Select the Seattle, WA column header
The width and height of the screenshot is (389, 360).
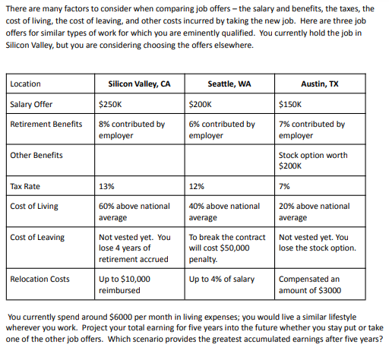[229, 84]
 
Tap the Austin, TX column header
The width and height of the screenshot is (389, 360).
[320, 84]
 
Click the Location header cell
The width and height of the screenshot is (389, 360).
[26, 84]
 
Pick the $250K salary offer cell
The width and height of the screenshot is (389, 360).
[111, 104]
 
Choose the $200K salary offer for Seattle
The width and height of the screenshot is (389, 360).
[201, 104]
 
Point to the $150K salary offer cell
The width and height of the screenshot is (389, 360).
[290, 104]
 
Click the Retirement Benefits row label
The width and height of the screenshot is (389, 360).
[46, 124]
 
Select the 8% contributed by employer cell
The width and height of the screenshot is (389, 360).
[131, 129]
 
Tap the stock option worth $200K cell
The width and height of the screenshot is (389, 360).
[313, 159]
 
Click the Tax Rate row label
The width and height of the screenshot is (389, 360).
[25, 186]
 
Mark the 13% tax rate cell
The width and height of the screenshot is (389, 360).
[107, 186]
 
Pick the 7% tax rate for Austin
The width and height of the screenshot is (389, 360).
[286, 186]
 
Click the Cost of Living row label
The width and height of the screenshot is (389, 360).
[36, 206]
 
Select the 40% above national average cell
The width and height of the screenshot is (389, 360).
[223, 211]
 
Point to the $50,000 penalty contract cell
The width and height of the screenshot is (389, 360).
[226, 248]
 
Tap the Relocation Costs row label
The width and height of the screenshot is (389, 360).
[40, 279]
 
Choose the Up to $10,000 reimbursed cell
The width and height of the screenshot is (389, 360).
[125, 284]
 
